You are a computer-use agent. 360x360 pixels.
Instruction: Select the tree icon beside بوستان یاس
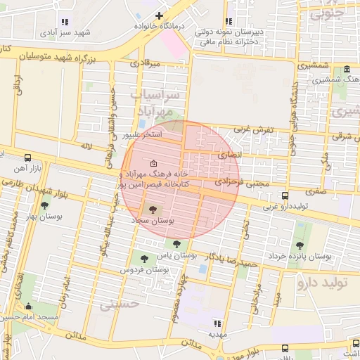point(176,244)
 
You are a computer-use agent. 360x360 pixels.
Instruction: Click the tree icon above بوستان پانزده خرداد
point(300,245)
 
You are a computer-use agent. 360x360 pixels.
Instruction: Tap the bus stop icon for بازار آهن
point(27,158)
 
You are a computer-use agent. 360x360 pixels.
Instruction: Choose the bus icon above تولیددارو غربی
point(285,195)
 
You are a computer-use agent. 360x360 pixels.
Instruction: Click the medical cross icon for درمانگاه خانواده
point(160,15)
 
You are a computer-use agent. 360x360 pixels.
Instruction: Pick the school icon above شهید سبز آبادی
point(65,22)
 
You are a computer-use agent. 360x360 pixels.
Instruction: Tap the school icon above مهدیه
point(217,323)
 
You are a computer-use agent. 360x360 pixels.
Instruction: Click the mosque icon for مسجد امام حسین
point(28,306)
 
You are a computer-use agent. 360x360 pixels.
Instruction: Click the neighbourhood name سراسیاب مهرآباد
point(156,103)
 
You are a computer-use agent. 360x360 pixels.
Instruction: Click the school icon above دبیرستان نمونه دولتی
point(227,21)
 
